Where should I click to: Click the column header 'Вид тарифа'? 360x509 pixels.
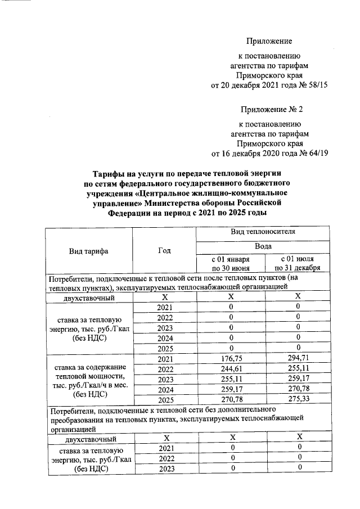click(89, 251)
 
